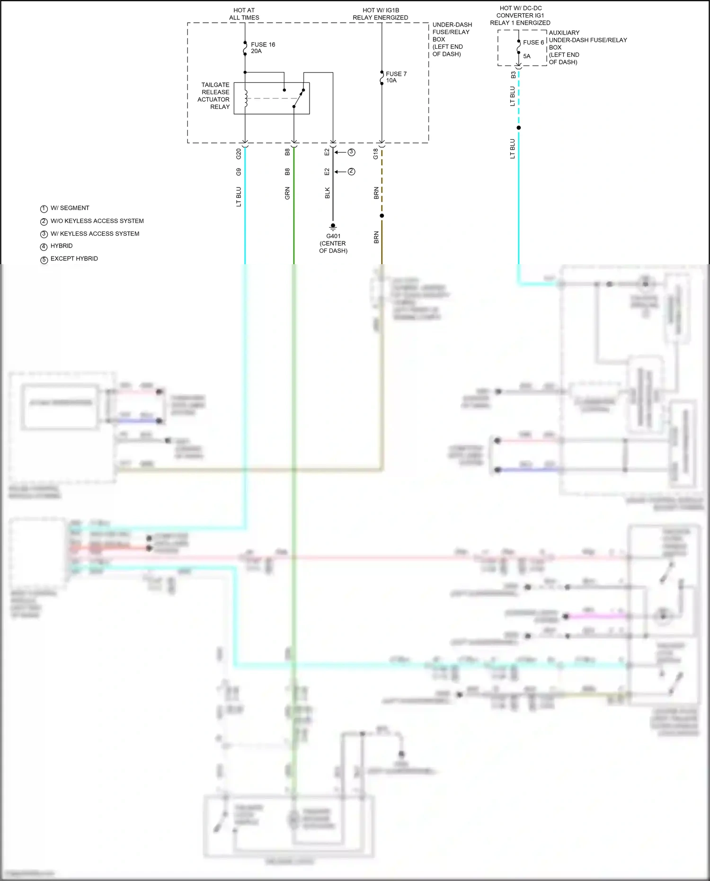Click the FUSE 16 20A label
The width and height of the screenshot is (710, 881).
click(x=263, y=48)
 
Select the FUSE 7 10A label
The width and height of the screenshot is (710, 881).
click(x=396, y=77)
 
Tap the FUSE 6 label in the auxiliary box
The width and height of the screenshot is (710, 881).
click(x=533, y=43)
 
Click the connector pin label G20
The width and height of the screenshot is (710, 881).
click(x=239, y=153)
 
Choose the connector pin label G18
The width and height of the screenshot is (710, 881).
click(x=376, y=153)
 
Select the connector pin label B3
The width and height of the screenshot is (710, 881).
click(x=514, y=75)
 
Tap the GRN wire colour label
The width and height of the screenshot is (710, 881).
click(x=287, y=193)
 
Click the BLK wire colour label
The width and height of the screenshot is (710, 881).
click(x=327, y=193)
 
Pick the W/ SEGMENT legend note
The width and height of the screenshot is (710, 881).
click(x=70, y=208)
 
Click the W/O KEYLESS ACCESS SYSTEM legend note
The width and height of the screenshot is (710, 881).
click(x=97, y=221)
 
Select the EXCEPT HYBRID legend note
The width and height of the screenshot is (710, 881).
click(x=74, y=259)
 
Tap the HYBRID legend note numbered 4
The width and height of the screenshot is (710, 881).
click(x=62, y=246)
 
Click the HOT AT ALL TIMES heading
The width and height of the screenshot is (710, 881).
click(x=244, y=14)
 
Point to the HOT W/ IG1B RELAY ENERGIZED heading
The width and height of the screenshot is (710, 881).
click(x=381, y=14)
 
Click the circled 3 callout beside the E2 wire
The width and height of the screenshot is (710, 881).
click(x=351, y=152)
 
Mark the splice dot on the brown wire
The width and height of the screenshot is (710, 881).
click(x=382, y=216)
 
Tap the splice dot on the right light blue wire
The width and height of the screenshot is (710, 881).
click(x=519, y=128)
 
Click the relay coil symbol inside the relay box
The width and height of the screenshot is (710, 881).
click(x=246, y=98)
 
